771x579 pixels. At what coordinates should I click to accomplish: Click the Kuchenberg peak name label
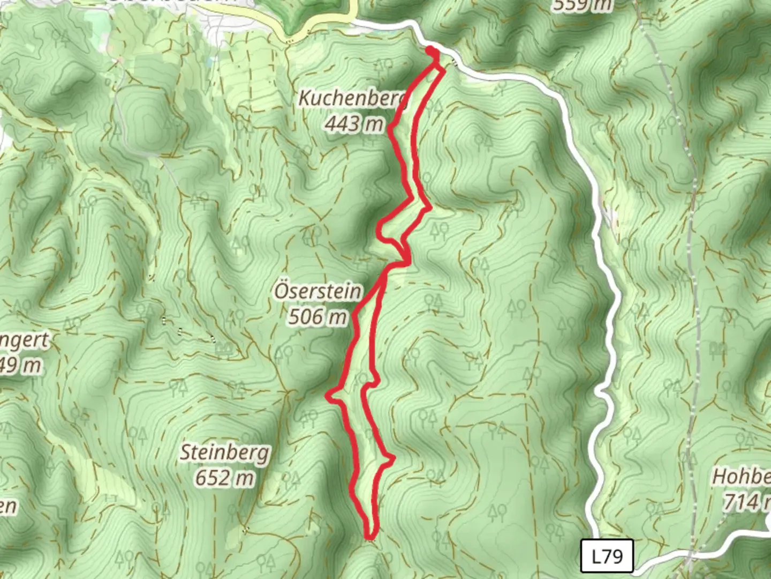click(351, 98)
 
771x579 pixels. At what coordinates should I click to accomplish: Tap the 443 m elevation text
click(354, 124)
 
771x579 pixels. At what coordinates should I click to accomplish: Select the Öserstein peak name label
click(318, 291)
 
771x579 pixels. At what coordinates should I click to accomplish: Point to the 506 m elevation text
click(318, 316)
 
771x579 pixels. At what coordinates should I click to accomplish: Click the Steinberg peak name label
click(224, 453)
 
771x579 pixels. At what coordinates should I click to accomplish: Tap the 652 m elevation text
click(224, 477)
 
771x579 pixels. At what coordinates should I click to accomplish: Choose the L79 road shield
click(607, 556)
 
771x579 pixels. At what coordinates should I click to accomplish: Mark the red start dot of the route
click(431, 51)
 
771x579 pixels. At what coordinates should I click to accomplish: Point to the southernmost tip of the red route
click(369, 536)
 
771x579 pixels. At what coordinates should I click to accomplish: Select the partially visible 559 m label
click(582, 5)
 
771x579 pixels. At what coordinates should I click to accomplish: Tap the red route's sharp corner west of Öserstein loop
click(329, 396)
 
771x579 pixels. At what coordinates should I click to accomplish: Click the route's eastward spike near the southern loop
click(394, 458)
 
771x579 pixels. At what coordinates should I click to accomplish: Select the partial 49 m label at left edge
click(20, 366)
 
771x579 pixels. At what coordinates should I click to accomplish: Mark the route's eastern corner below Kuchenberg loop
click(429, 207)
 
